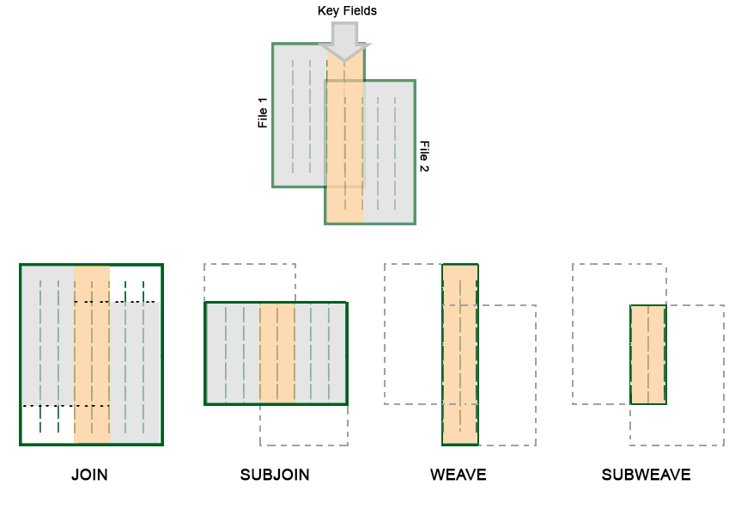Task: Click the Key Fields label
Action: pos(347,11)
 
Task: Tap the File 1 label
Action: pos(263,113)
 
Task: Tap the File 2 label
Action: pos(423,157)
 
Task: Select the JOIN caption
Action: pos(89,475)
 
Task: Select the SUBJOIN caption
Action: pos(275,475)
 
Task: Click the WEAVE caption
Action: pos(459,475)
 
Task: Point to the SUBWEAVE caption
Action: pos(646,475)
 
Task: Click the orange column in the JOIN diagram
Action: pos(92,353)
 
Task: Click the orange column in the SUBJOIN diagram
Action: pos(277,353)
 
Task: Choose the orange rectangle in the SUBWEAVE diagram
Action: pos(648,354)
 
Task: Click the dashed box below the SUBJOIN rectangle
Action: pos(304,425)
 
